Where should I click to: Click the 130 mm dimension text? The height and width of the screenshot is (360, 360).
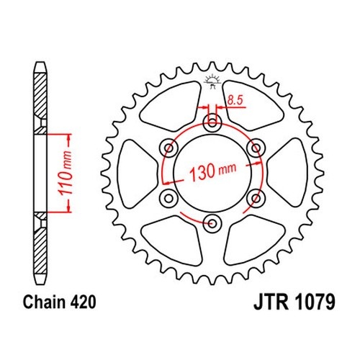pos(213,171)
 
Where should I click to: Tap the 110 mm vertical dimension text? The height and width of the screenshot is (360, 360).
pos(66,173)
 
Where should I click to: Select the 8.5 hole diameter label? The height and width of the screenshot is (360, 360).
pos(235,100)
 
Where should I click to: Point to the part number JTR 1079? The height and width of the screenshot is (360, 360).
pos(294,302)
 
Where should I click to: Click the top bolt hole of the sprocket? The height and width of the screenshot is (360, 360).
pos(212,123)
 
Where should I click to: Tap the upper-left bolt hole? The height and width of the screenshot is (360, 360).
pos(168,148)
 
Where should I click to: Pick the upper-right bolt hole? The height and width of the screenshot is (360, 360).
pos(256,148)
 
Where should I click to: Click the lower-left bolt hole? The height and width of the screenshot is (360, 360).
pos(168,199)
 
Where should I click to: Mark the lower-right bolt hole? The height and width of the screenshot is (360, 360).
pos(256,199)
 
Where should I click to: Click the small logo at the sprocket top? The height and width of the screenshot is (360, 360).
pos(212,81)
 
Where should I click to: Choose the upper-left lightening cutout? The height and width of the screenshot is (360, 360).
pos(171,106)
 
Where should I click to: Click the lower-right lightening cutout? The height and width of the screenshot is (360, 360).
pos(254,240)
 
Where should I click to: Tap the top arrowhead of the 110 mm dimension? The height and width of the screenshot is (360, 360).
pos(69,137)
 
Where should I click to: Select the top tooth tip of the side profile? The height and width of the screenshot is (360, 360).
pos(40,63)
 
